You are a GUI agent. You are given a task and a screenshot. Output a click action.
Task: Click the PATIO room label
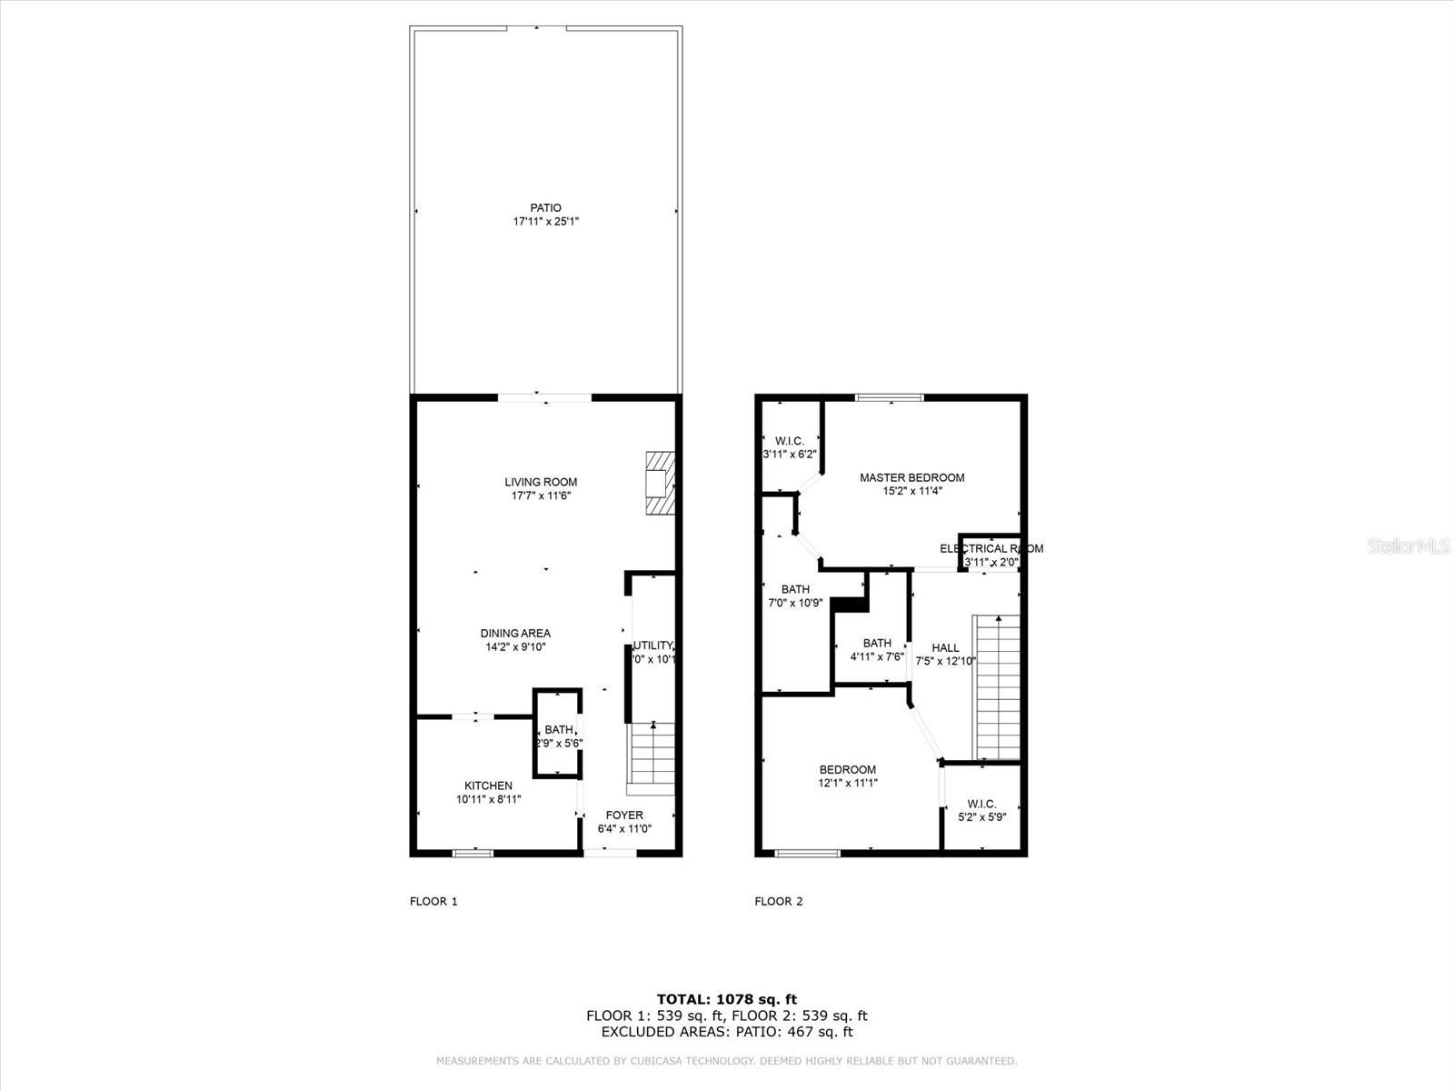(x=546, y=208)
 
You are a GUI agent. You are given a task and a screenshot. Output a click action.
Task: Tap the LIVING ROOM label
(x=541, y=482)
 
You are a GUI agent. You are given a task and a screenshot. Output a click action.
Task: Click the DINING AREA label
(x=515, y=634)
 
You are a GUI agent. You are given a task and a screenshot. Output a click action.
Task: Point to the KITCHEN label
(x=488, y=786)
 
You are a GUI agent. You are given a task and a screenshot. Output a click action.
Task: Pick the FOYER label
(x=624, y=816)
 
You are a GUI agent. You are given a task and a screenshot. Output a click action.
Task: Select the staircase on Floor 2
(x=997, y=687)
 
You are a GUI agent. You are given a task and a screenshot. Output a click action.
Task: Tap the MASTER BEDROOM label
(x=911, y=477)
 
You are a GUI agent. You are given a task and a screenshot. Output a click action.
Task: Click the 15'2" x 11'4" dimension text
(x=911, y=491)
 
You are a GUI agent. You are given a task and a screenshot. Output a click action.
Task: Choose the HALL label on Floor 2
(x=945, y=648)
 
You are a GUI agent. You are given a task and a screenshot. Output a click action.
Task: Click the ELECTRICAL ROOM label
(x=991, y=549)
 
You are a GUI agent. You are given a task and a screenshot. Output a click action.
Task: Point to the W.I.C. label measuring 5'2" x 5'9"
(x=981, y=804)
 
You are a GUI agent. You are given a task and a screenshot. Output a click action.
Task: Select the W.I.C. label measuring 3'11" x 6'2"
(x=790, y=441)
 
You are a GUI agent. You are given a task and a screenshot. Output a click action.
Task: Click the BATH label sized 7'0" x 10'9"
(x=795, y=590)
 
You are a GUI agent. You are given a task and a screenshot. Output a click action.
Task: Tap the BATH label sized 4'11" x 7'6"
(x=877, y=644)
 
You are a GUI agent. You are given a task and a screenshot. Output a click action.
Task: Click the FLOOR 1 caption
(x=433, y=902)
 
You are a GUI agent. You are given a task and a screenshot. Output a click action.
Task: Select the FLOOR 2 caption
(x=779, y=902)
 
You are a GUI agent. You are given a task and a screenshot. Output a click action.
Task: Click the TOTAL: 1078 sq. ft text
(x=727, y=999)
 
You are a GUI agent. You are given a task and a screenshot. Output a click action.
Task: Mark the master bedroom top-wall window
(x=890, y=397)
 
